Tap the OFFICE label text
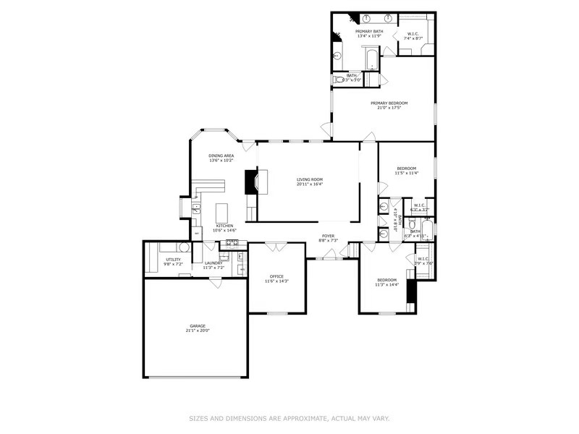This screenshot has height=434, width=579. (x=276, y=276)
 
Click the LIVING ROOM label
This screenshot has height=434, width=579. (x=309, y=179)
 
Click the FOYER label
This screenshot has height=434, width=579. (x=329, y=235)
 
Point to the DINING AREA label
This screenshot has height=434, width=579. (x=221, y=156)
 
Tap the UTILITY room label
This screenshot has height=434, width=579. (x=173, y=258)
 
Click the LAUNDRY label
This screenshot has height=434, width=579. (x=213, y=263)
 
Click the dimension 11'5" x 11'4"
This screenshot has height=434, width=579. (x=407, y=174)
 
